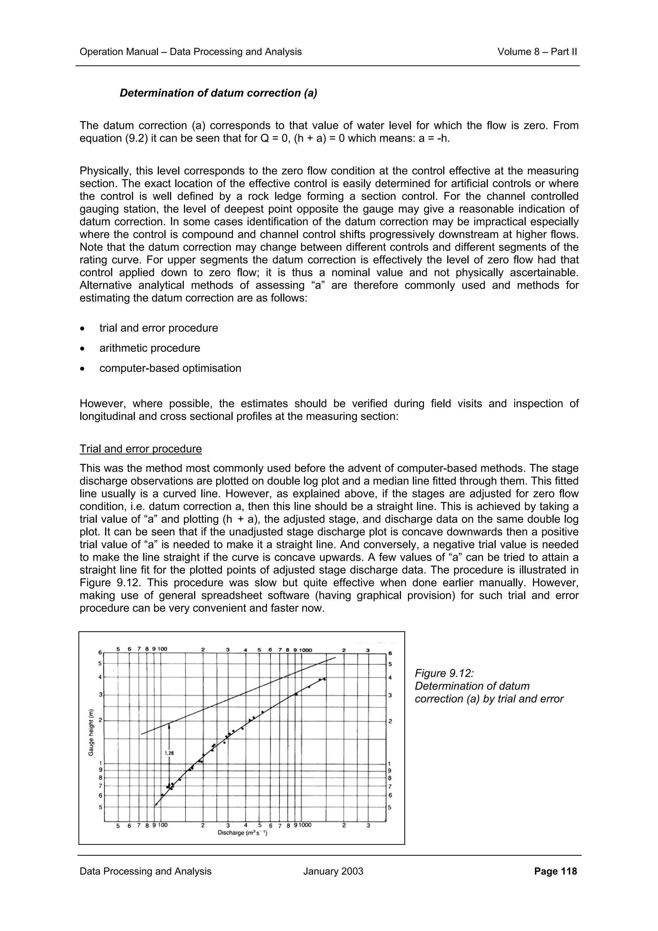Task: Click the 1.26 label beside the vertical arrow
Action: [169, 753]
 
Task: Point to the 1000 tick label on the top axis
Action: [306, 650]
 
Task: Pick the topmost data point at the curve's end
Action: [324, 679]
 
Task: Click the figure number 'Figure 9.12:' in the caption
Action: [444, 673]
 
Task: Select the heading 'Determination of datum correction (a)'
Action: [218, 93]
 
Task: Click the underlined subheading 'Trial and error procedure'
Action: [140, 449]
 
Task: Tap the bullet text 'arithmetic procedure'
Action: [150, 348]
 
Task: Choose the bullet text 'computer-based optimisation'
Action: [170, 368]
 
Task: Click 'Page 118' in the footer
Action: [556, 871]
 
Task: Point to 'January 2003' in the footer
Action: [333, 871]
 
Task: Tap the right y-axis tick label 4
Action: [390, 678]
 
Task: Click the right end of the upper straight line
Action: [335, 657]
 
